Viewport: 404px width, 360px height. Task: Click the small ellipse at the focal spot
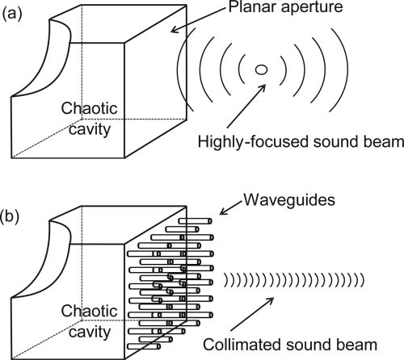(260, 71)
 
